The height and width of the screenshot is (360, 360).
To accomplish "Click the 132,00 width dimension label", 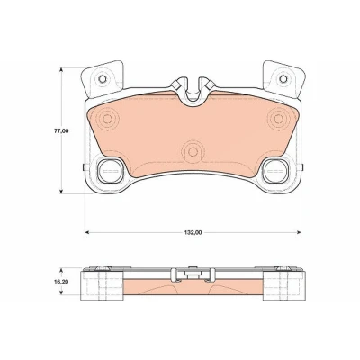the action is pyautogui.click(x=193, y=232).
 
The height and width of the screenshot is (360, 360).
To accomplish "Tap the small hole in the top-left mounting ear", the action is pyautogui.click(x=103, y=79).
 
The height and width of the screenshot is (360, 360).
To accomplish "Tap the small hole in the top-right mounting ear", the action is pyautogui.click(x=283, y=79).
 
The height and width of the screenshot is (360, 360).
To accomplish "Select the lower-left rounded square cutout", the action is pyautogui.click(x=111, y=171).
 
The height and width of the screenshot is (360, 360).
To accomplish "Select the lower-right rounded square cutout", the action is pyautogui.click(x=275, y=171).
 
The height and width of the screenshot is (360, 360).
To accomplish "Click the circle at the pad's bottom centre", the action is pyautogui.click(x=193, y=152).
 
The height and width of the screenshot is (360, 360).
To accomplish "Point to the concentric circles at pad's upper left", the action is pyautogui.click(x=107, y=119).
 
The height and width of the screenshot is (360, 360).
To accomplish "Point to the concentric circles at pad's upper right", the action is pyautogui.click(x=279, y=119).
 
